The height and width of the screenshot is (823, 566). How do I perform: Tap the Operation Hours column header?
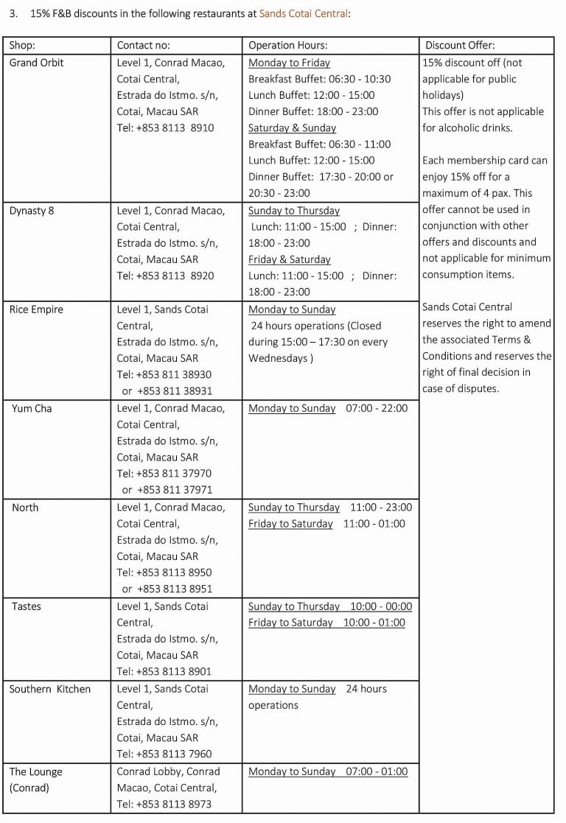point(288,46)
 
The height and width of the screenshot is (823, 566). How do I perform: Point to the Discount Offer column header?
point(460,46)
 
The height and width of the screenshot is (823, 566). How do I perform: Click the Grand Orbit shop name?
point(37,63)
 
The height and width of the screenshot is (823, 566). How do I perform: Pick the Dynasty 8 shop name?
point(32,211)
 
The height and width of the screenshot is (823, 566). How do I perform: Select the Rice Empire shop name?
point(36,309)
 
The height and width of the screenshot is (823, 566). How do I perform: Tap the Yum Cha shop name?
point(32,408)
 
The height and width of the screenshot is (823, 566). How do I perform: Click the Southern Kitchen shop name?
point(50,689)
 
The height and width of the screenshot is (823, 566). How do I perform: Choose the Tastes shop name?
point(27,606)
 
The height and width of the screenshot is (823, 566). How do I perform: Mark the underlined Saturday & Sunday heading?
point(292,128)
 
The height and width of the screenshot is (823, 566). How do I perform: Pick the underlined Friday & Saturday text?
point(290,260)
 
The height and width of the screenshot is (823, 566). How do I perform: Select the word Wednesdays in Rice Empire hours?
point(278,359)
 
